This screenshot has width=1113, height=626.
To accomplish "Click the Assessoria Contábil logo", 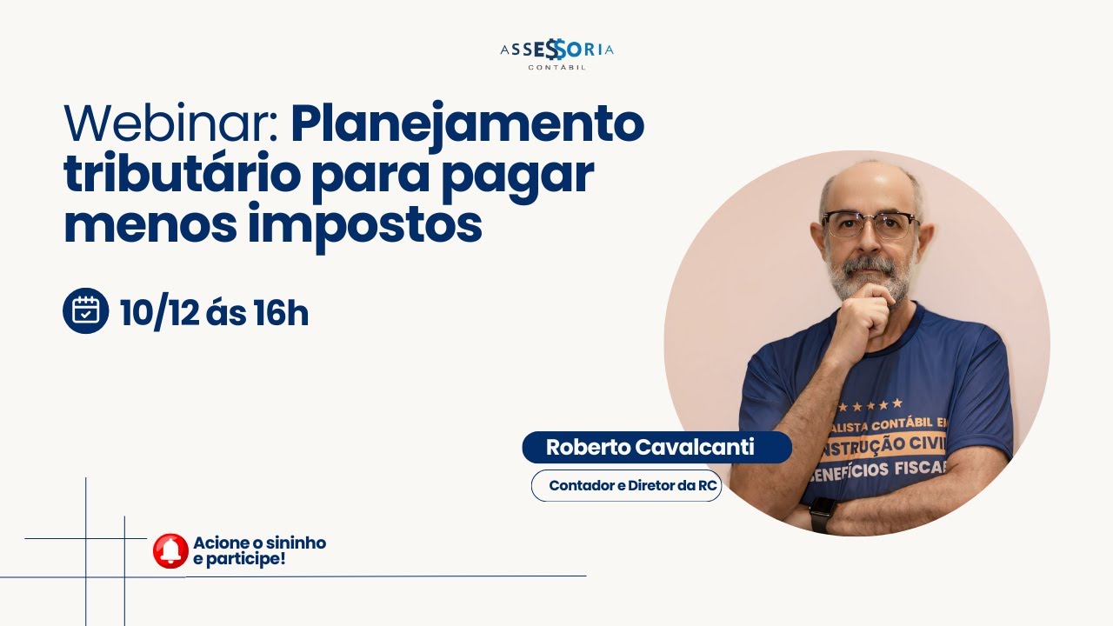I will (x=556, y=53).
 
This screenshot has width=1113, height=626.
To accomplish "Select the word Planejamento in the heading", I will (x=467, y=124).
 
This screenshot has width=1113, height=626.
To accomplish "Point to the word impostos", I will (x=364, y=224).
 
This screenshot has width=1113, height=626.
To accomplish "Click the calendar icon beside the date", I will (x=85, y=310).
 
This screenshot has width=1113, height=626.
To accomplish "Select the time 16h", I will (x=280, y=312).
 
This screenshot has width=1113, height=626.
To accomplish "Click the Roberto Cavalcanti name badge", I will (x=650, y=447).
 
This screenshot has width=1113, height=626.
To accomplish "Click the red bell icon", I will (x=170, y=550).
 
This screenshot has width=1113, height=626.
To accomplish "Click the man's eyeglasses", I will (x=869, y=224).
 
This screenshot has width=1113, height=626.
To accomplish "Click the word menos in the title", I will (x=149, y=224).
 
